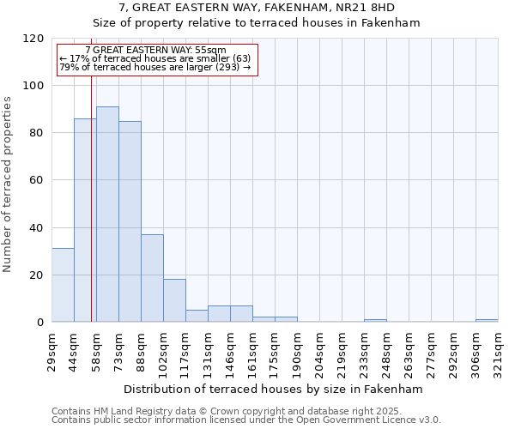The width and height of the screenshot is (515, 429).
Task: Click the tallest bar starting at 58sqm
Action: (107, 214)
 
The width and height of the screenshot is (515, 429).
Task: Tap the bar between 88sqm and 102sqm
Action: (152, 278)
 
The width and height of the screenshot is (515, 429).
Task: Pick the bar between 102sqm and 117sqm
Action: (174, 300)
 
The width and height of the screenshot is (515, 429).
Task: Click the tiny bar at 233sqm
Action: (375, 320)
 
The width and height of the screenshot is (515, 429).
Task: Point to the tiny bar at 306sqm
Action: (487, 320)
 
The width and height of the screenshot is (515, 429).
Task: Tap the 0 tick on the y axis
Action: (39, 323)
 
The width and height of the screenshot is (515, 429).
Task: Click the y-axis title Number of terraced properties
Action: (8, 184)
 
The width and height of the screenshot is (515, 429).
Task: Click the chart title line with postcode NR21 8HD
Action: (257, 8)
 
